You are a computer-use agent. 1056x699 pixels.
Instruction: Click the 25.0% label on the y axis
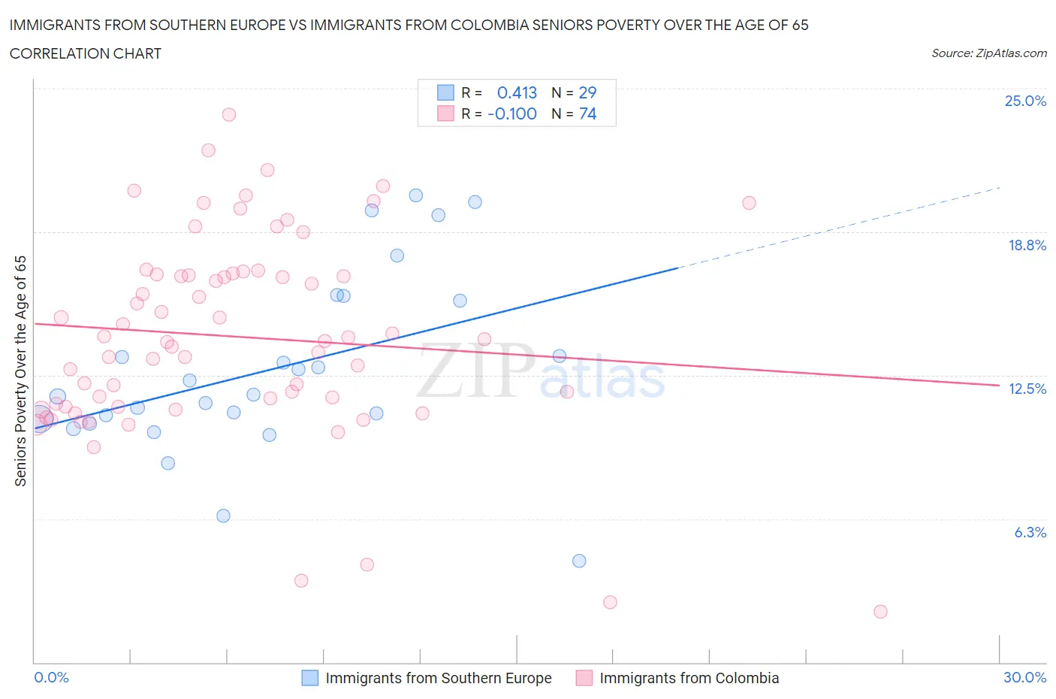click(1025, 101)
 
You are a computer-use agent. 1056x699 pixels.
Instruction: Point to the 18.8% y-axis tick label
click(1027, 245)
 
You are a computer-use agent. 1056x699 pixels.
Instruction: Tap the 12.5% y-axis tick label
click(1027, 389)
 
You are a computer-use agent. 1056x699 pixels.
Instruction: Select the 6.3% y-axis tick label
click(1030, 532)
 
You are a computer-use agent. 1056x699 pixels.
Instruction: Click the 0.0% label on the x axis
click(51, 677)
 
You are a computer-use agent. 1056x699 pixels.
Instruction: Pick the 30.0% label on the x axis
click(1024, 677)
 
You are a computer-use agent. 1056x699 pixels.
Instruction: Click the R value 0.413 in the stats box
click(517, 92)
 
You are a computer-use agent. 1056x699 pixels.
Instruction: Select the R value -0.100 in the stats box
click(512, 113)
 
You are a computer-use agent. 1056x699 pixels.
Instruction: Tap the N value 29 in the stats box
click(587, 92)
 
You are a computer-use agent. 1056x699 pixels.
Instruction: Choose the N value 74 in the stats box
click(587, 113)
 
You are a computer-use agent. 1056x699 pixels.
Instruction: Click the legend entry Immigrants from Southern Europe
click(438, 678)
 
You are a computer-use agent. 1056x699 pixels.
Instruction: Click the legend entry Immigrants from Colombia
click(689, 678)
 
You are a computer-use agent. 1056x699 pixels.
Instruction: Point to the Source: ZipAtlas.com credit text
click(988, 53)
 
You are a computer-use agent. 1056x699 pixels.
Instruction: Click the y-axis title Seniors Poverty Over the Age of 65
click(21, 371)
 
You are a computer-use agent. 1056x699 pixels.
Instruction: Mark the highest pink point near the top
click(229, 114)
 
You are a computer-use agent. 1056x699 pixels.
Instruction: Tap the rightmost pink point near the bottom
click(880, 611)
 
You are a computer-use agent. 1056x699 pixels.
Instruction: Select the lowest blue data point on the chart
click(579, 561)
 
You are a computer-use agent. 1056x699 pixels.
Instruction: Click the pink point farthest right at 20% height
click(749, 203)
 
